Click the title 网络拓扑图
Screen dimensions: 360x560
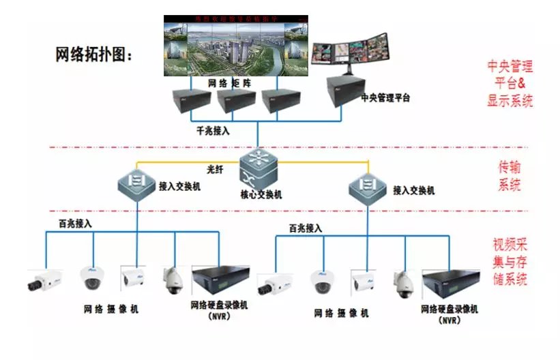[x=94, y=55]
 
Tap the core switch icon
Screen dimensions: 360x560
[x=257, y=163]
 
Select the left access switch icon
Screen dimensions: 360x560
[x=134, y=183]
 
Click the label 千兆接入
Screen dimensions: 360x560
[x=213, y=131]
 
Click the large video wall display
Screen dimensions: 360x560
[x=234, y=46]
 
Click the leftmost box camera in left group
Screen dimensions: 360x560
[x=45, y=281]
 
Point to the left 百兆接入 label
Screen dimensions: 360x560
[x=75, y=223]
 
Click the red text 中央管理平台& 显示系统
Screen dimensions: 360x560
[x=510, y=83]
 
